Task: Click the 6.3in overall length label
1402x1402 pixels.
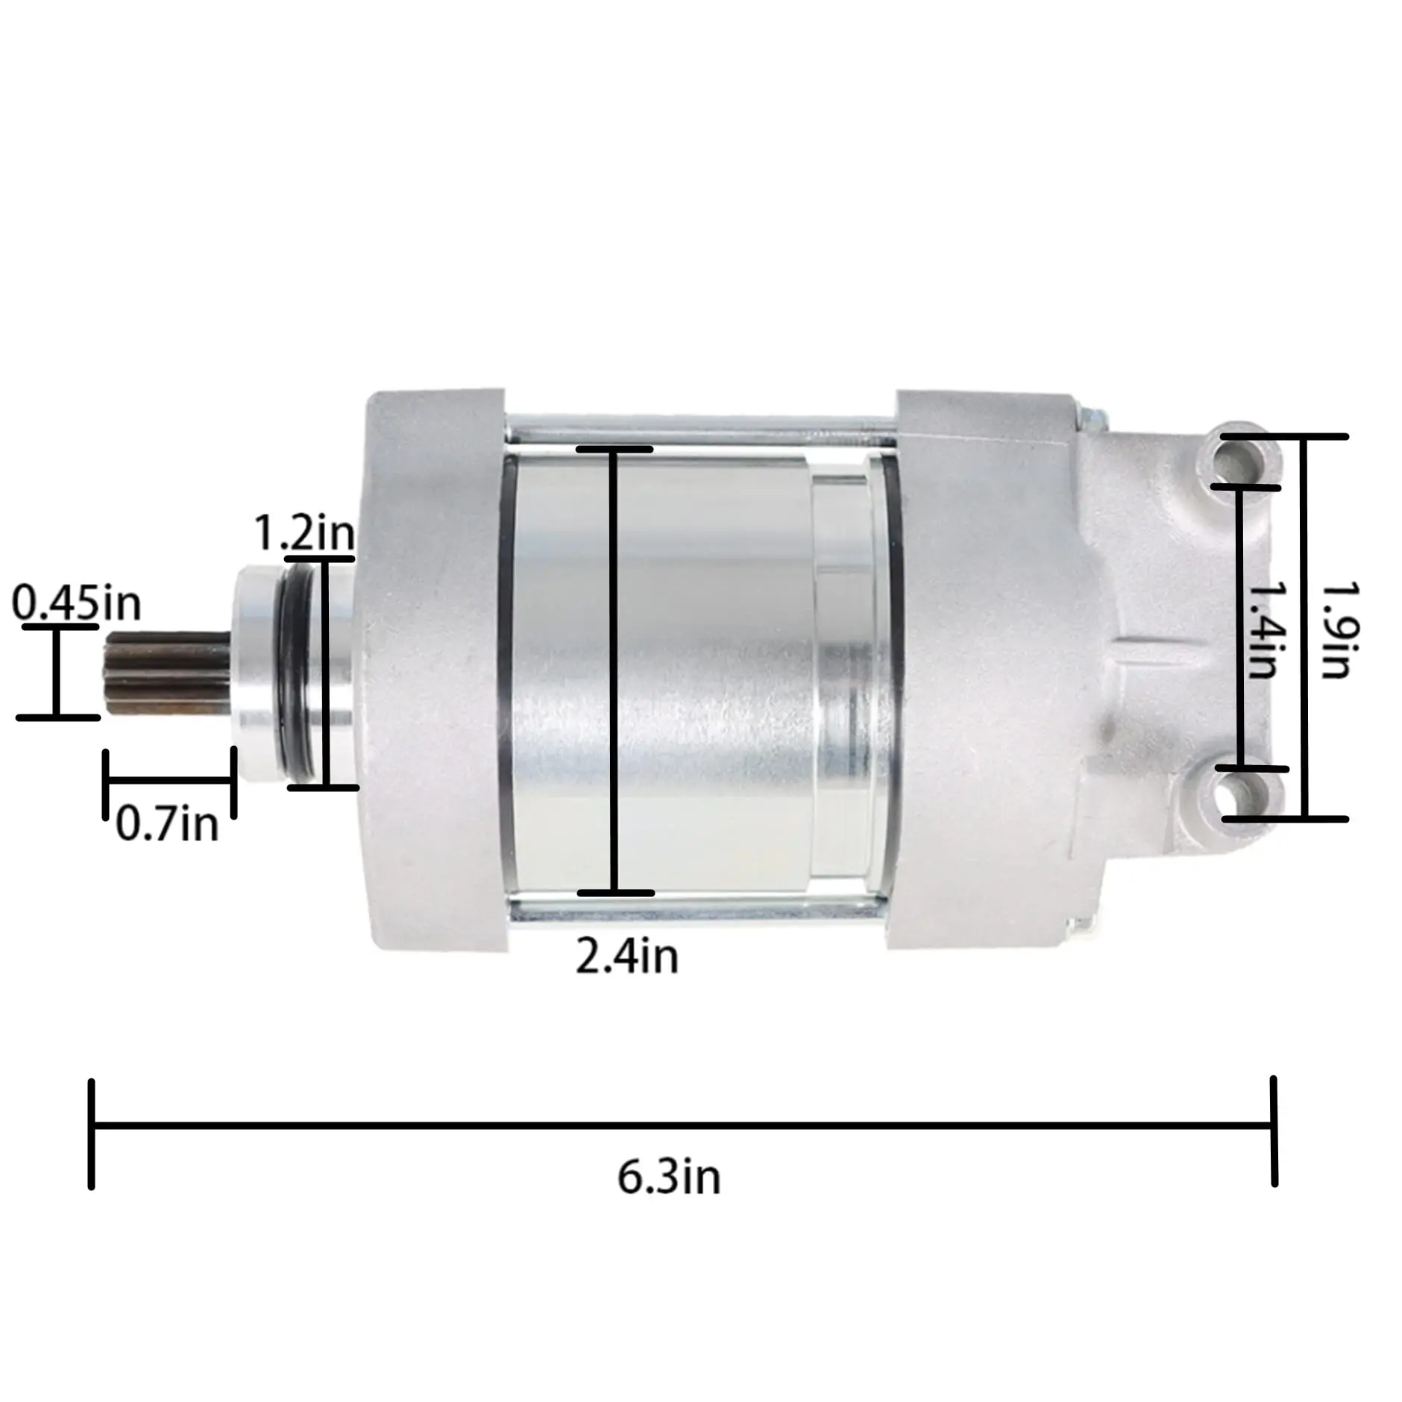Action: click(x=669, y=1177)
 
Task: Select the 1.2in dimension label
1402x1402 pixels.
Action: click(x=304, y=532)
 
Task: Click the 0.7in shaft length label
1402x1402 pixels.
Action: click(x=167, y=824)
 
